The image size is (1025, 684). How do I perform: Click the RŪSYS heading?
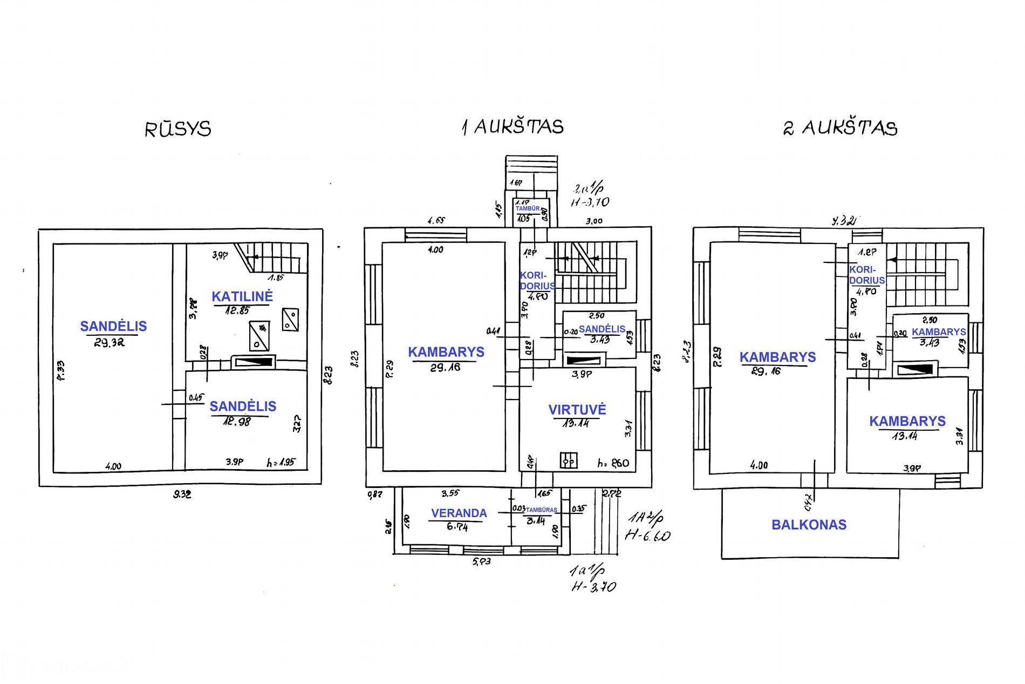177,129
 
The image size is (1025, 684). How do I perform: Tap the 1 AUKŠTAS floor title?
512,127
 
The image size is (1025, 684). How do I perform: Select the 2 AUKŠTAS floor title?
840,128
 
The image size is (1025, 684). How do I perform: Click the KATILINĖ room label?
242,296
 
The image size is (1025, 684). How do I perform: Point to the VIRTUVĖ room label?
577,410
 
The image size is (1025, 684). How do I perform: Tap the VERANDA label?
459,513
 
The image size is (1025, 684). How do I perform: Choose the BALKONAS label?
809,525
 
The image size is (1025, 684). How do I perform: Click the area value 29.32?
110,343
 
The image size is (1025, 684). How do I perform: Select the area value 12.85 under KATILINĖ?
237,310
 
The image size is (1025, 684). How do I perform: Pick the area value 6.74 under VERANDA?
457,526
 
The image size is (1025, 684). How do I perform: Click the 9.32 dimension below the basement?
182,494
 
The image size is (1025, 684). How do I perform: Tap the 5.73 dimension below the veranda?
481,561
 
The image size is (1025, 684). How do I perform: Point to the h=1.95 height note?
281,463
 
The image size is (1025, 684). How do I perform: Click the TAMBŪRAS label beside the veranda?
541,510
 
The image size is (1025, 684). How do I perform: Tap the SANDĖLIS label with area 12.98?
243,407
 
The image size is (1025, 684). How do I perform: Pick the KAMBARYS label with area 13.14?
907,421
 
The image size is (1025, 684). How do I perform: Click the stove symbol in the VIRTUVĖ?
569,460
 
